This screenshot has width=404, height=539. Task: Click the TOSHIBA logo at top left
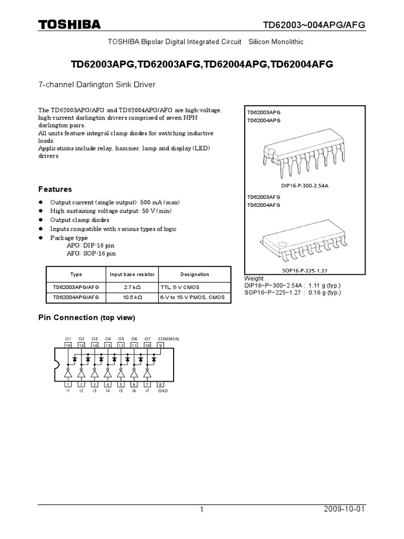coord(69,25)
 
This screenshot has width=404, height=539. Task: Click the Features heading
coord(55,189)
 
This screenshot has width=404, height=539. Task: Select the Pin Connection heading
coord(87,317)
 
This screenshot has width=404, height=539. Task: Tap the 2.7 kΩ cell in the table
coord(132,287)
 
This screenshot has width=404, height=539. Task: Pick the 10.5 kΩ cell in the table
coord(132,297)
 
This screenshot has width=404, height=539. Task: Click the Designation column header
coord(195,274)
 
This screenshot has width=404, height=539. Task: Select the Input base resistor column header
coord(132,274)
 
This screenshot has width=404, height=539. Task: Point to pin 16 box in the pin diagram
coord(68,345)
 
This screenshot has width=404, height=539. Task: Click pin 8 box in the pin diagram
coord(160,385)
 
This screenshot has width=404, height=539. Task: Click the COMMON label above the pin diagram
coord(168,338)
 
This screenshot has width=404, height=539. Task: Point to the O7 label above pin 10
coord(147,338)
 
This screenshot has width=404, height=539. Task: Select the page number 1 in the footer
coord(201,510)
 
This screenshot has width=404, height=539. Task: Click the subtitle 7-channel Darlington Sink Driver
coord(97,84)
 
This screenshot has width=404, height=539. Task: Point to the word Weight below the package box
coord(255,278)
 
